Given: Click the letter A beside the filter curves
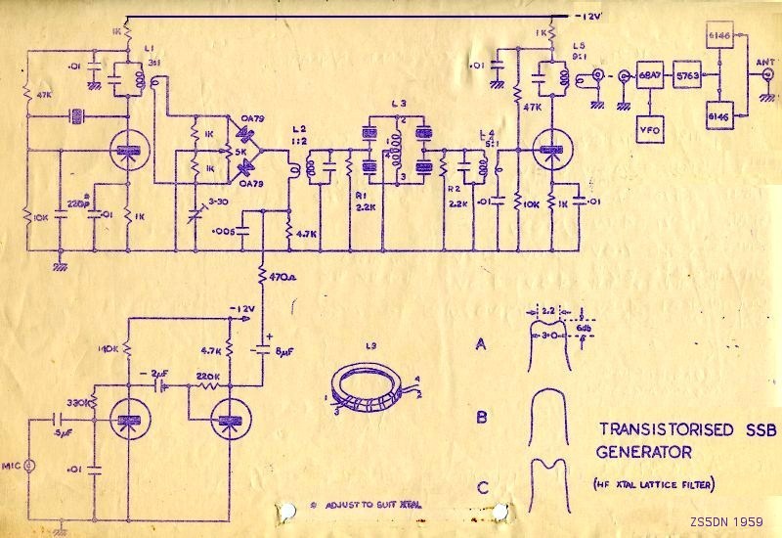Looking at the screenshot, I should click(x=480, y=344).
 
